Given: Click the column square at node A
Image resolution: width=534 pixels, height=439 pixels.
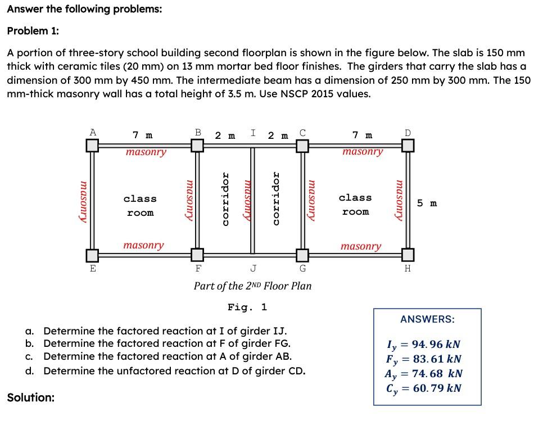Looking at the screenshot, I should [x=93, y=146].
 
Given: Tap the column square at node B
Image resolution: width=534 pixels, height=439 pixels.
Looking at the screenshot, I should [x=197, y=146].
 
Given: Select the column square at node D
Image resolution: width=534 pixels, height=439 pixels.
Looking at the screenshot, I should [x=408, y=146].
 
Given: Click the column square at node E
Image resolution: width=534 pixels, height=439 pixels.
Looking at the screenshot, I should [x=93, y=255].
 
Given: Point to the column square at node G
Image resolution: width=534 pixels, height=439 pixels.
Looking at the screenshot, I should [x=302, y=255].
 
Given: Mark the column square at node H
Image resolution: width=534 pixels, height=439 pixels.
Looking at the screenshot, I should [x=408, y=255].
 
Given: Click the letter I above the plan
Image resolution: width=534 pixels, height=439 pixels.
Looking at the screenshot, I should [x=254, y=133].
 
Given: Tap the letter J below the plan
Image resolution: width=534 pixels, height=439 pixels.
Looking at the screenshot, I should [x=254, y=268].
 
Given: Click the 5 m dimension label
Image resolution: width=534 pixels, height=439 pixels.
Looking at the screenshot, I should [x=427, y=203].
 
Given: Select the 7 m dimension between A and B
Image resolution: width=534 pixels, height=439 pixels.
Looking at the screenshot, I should [x=142, y=135].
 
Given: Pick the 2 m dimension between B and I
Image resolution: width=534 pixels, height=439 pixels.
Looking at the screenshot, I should [x=225, y=135].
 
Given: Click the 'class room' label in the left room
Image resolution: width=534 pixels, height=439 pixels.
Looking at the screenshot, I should [x=140, y=206].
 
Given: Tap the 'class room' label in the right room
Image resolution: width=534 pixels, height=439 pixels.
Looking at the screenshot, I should [x=355, y=205].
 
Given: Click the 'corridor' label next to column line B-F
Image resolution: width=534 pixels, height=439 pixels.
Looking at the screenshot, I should [x=225, y=199].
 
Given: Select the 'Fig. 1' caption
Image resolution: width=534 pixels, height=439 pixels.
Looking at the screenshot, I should [x=247, y=307].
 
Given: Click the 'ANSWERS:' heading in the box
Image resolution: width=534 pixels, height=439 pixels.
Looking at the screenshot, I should [x=427, y=319].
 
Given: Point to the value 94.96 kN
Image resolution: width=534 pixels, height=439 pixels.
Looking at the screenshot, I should [x=432, y=345].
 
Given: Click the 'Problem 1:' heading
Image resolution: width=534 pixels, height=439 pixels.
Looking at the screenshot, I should [x=33, y=31].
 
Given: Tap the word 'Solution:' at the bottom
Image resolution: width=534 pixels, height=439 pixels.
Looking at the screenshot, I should [x=31, y=398].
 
